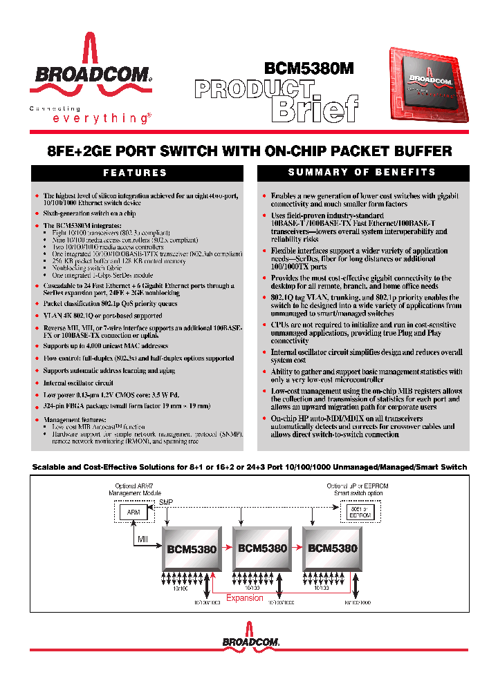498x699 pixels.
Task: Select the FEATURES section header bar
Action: (x=136, y=173)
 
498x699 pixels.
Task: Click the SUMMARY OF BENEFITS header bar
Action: (x=362, y=172)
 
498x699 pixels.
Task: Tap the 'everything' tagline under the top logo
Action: (x=100, y=119)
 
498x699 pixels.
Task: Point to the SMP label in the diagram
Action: (x=167, y=502)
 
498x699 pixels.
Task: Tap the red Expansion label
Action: (x=245, y=598)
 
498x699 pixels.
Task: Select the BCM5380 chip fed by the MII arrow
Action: (x=192, y=549)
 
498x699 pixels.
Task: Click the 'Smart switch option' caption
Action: (x=358, y=493)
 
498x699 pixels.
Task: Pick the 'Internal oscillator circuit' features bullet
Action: (x=78, y=382)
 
